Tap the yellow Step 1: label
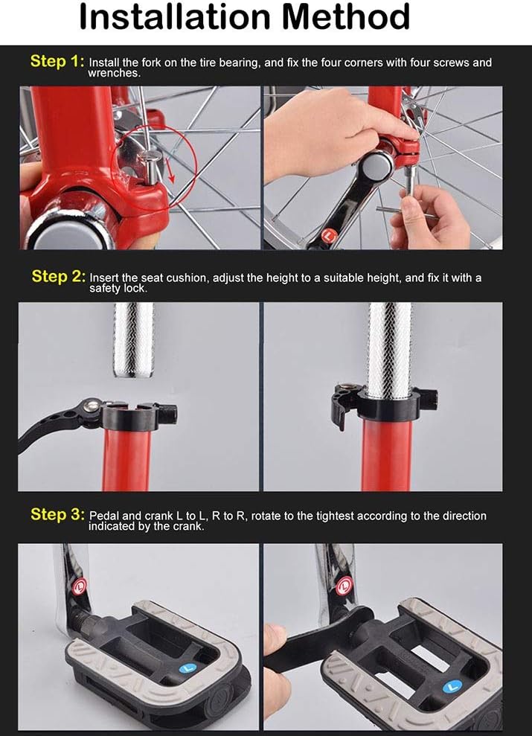click(57, 61)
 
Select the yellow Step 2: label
click(59, 276)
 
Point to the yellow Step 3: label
click(58, 514)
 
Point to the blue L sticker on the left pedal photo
click(188, 668)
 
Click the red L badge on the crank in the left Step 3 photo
click(80, 586)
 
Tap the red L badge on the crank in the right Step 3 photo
click(344, 586)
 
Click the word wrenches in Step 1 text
click(113, 73)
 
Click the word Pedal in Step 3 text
click(103, 516)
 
